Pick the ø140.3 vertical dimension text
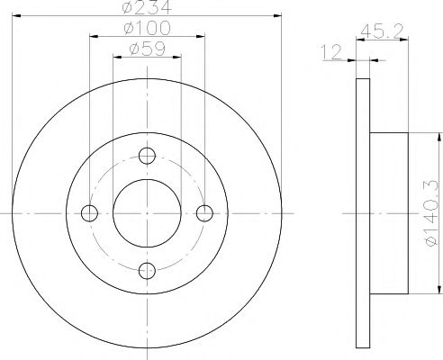point(430,213)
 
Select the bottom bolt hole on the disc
point(147,269)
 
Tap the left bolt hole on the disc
point(90,213)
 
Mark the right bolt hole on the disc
point(203,213)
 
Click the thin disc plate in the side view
point(363,213)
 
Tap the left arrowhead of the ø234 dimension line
point(17,17)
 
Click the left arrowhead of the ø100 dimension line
point(94,39)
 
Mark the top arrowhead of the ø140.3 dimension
point(438,137)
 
